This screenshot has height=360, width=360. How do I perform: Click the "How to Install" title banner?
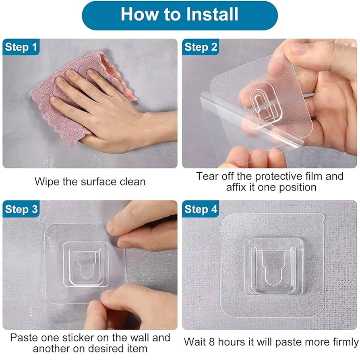click(180, 15)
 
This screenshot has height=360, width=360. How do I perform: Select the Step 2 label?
click(201, 47)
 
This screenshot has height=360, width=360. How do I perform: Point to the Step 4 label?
click(201, 209)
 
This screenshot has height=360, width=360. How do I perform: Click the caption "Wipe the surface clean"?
click(90, 181)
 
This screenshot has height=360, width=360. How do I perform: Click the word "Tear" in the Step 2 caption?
click(207, 176)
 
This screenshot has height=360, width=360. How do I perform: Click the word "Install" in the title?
click(212, 14)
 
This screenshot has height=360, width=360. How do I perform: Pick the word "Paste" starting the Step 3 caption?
click(23, 337)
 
